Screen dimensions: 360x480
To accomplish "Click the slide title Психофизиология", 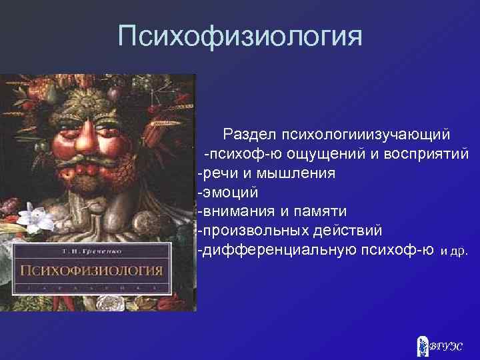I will pos(240,35).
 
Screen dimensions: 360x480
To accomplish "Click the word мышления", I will pos(295,174).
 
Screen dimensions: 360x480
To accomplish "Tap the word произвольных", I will pos(255,231).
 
